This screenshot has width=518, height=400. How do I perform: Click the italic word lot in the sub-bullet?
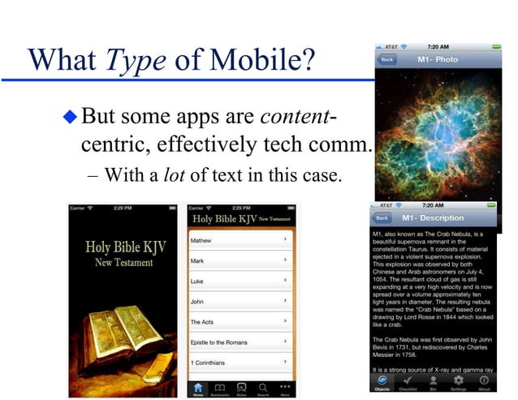point(173,176)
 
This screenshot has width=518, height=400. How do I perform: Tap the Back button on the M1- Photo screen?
point(386,59)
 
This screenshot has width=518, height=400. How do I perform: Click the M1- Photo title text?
point(438,59)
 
